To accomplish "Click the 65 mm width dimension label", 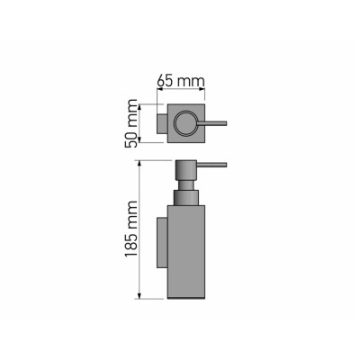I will [179, 80].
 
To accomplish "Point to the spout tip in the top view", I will [225, 122].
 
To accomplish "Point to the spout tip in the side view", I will [225, 165].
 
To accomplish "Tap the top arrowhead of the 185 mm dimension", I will [139, 162].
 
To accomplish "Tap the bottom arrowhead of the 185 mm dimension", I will [139, 298].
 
